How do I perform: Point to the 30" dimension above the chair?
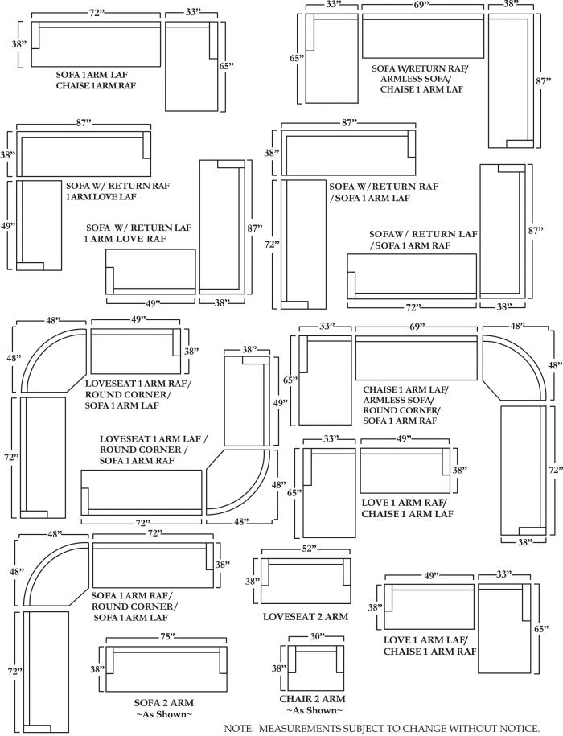click(318, 636)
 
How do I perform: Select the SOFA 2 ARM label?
click(164, 702)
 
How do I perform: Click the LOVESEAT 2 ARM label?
click(306, 617)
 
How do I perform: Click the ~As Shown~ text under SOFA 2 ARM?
click(164, 714)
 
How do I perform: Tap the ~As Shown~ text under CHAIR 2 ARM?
click(314, 711)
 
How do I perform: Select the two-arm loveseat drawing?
click(305, 582)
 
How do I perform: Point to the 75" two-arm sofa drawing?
click(164, 668)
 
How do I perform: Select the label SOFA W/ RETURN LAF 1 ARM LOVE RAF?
click(138, 233)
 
